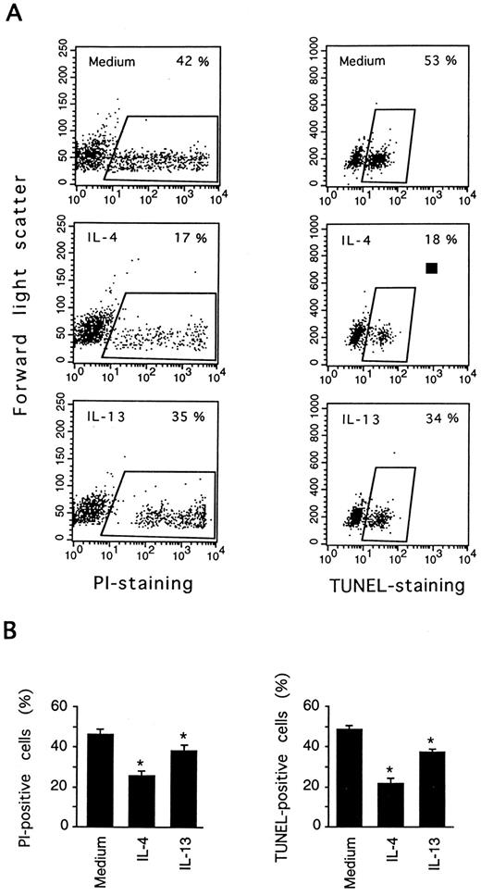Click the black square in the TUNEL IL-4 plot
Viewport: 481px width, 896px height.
coord(431,268)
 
